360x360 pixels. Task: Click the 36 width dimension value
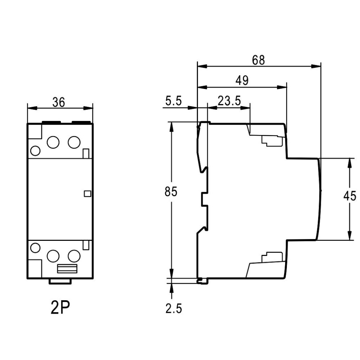59,102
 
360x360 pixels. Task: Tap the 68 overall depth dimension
258,60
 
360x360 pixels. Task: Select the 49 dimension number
242,81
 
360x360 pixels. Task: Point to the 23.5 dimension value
229,101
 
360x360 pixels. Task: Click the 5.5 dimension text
174,101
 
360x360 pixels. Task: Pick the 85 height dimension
171,192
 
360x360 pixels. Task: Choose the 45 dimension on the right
350,196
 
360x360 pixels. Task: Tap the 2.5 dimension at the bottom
174,309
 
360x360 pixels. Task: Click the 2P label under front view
60,308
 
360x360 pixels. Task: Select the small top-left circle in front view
35,151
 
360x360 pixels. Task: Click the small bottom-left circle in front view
35,248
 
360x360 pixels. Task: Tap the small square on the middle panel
87,194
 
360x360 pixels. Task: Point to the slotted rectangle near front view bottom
67,269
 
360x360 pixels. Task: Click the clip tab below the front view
60,281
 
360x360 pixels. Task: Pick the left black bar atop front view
51,122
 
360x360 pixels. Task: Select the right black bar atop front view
81,122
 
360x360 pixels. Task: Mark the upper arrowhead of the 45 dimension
350,163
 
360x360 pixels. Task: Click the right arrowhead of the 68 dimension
316,66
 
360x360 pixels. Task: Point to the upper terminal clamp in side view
272,141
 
